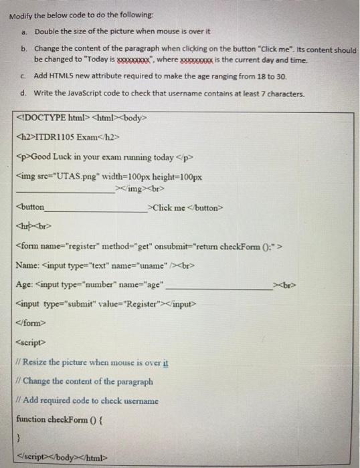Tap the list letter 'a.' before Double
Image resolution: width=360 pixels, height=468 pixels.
(25, 31)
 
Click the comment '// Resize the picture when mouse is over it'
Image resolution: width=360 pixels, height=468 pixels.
(92, 363)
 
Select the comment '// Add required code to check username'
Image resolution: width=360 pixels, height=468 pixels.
(87, 400)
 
